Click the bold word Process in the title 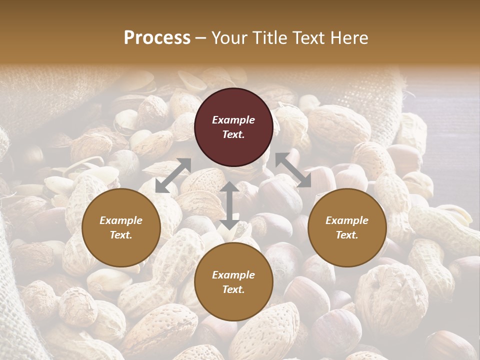(x=157, y=38)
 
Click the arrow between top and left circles (x=173, y=175)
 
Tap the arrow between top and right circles (x=293, y=170)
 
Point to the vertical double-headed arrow (x=229, y=205)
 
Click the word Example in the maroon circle (x=233, y=120)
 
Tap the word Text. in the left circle (x=121, y=235)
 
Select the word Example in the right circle (x=347, y=220)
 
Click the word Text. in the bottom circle (x=233, y=289)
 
